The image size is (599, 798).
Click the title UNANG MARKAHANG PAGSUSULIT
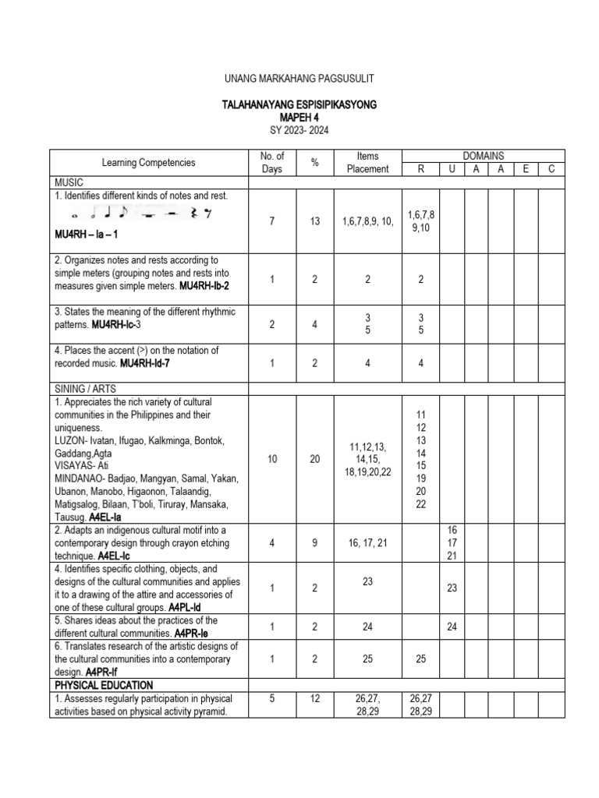coord(299,78)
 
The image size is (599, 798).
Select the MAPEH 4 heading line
coord(299,117)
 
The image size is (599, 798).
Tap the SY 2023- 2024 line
coord(299,130)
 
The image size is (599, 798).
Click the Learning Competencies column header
coord(149,163)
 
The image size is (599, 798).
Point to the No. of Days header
coord(272,163)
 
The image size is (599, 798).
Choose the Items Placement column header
coord(367,163)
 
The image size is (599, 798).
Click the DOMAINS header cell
coord(484,157)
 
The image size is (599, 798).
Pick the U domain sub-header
coord(452,170)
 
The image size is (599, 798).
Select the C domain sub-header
coord(551,170)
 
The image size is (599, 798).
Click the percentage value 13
coord(315,221)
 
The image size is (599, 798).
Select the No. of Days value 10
coord(272,460)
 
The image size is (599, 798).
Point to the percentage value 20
coord(315,460)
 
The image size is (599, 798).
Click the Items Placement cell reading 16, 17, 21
coord(367,542)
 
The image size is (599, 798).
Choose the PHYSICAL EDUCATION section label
coord(104,685)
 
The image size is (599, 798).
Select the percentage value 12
coord(315,699)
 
